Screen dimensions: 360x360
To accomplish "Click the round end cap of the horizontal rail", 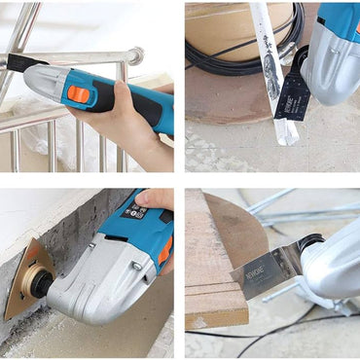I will [x=135, y=55].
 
